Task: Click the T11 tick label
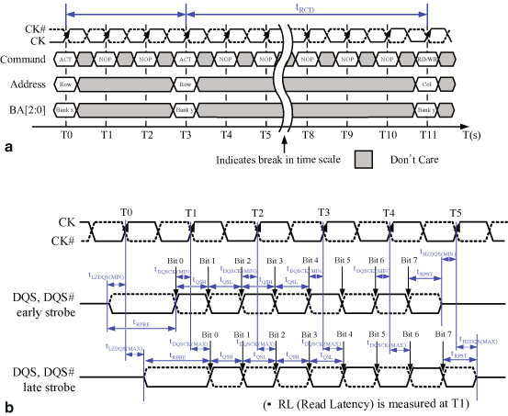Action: tap(428, 133)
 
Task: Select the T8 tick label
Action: tap(307, 133)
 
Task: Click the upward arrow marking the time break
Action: tap(287, 142)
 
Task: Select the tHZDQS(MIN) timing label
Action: tap(444, 253)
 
